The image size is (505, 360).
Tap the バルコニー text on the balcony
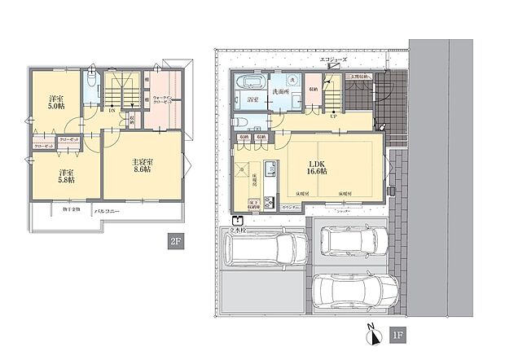(x=108, y=211)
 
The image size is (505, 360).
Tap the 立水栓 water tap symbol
(x=236, y=220)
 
